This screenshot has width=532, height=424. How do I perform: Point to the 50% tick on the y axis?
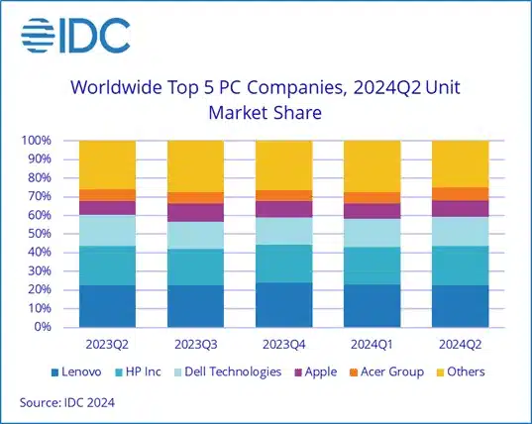point(38,234)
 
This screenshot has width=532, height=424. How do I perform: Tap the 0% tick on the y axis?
point(41,327)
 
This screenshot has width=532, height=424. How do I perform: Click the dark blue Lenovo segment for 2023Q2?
point(107,306)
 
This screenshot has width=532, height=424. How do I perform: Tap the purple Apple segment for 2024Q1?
point(372,211)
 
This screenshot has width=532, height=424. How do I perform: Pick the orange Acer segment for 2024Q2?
point(460,193)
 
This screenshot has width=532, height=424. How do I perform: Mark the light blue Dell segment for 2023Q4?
point(283,231)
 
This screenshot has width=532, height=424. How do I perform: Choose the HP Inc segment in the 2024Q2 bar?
point(460,265)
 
